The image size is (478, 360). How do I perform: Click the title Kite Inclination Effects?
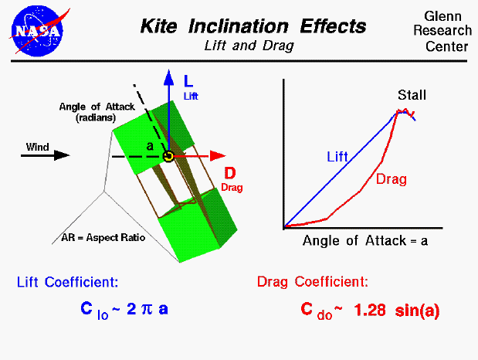coord(253,26)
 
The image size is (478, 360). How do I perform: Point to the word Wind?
coord(37,146)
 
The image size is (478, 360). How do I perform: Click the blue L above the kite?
coord(188,80)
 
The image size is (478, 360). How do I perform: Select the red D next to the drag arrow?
coord(230,173)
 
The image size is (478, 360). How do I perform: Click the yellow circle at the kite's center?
coord(168,156)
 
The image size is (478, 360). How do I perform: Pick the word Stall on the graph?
coord(412,96)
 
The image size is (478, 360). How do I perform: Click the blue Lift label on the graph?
coord(337,156)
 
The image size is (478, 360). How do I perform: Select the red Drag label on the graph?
coord(392,179)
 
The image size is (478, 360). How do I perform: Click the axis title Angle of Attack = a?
coord(365,240)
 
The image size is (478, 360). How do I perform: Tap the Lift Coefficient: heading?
coord(67,282)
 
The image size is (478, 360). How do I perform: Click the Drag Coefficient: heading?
coord(312,282)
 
